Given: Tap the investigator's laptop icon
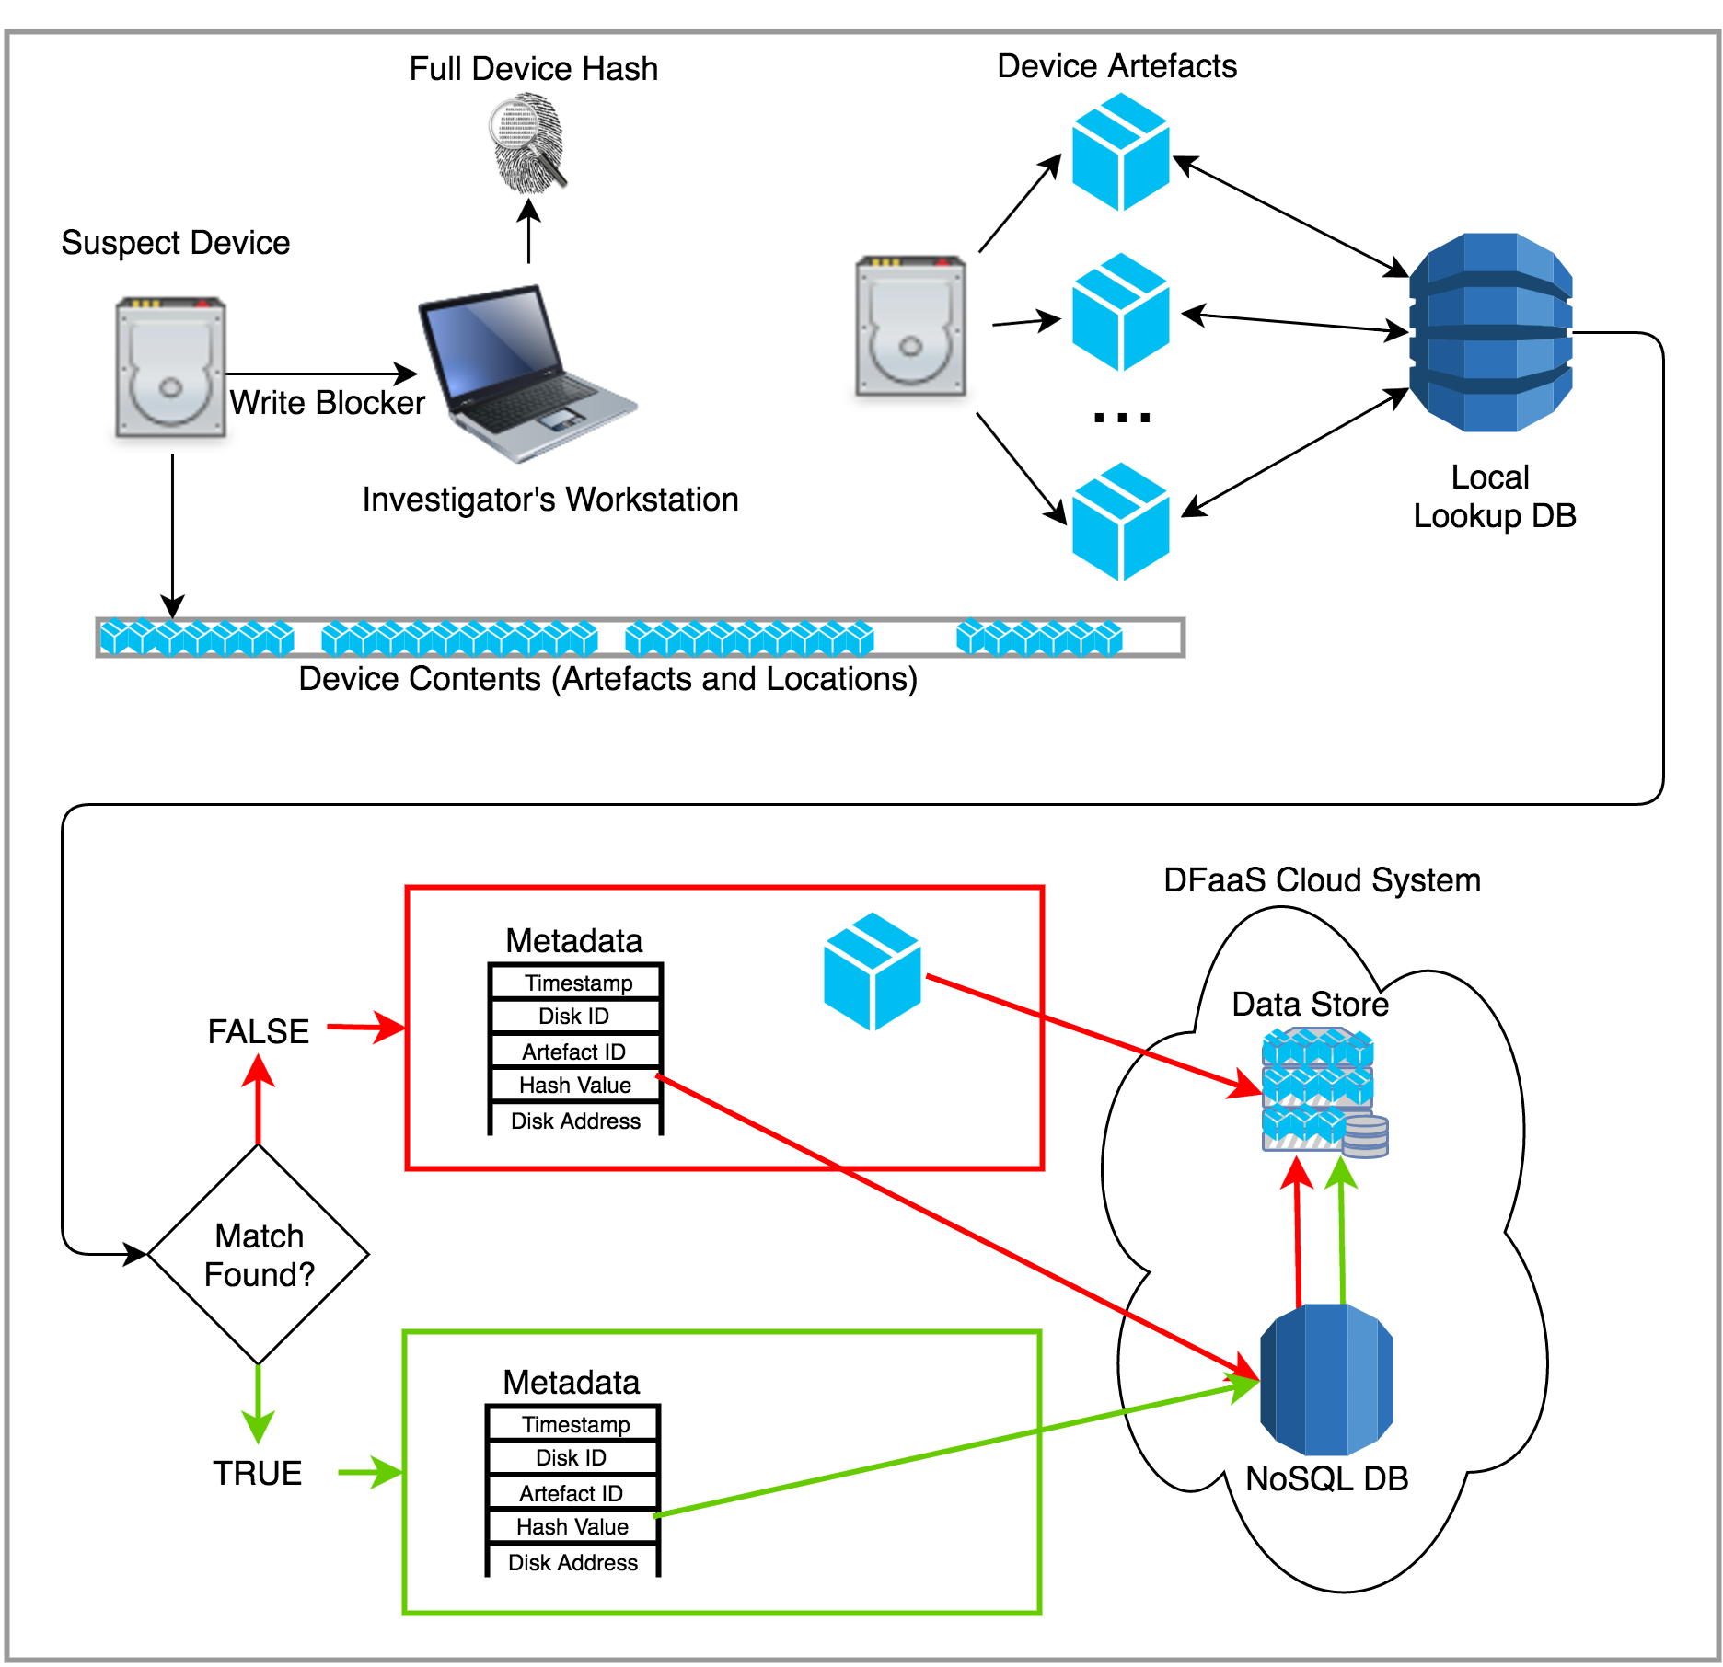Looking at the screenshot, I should pos(525,373).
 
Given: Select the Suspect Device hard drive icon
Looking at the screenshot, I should pos(171,367).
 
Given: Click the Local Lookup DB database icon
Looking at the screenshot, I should pos(1490,332).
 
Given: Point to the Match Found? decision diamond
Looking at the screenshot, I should pos(259,1254).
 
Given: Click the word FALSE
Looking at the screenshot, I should pos(259,1031).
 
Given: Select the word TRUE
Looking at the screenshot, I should pos(258,1473).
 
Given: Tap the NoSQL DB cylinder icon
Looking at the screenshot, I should pos(1326,1379).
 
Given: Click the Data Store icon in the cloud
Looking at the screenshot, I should pos(1322,1091).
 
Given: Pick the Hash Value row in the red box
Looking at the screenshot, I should pos(575,1086).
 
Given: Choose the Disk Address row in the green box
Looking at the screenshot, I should pos(572,1563).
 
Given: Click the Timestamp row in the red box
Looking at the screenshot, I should pos(578,983).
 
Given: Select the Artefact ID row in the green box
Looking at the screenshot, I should pos(572,1493).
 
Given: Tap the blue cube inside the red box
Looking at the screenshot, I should pos(872,971).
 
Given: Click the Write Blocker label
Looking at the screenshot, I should pos(327,403).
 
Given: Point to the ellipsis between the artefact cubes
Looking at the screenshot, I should pos(1121,418).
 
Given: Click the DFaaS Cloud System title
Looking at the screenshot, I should pos(1322,880).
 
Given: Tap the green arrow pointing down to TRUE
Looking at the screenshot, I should pos(258,1403).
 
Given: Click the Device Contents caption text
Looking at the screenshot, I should pos(608,679).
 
